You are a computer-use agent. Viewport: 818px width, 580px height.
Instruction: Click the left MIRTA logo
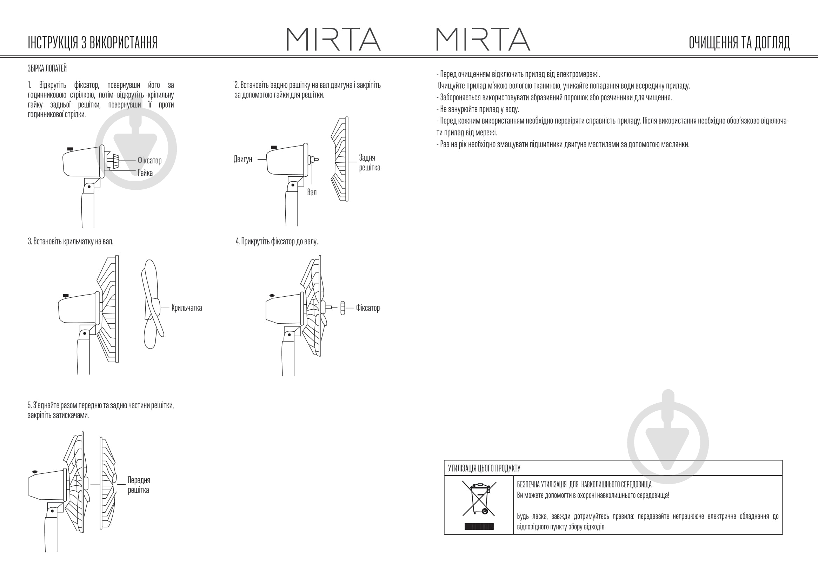click(333, 39)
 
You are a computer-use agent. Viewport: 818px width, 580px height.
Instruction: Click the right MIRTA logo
click(483, 39)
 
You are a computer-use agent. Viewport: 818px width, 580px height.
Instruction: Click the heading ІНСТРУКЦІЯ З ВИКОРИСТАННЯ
click(93, 42)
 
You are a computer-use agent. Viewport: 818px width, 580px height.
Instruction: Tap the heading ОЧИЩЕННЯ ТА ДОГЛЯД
click(739, 42)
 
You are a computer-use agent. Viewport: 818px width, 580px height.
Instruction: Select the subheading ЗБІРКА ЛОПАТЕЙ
click(47, 69)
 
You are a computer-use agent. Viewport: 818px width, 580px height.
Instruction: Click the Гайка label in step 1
click(145, 173)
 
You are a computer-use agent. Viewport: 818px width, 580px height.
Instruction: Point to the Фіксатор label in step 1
click(149, 160)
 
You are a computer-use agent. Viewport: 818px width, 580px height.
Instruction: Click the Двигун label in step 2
click(242, 159)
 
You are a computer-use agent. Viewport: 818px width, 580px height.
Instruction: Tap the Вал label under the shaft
click(312, 193)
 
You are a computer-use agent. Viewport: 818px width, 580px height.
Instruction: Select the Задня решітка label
click(369, 162)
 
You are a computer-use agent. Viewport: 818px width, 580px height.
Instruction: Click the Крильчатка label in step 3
click(187, 308)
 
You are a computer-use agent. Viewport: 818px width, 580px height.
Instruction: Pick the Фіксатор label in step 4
click(368, 308)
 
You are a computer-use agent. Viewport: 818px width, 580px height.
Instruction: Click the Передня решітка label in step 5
click(139, 485)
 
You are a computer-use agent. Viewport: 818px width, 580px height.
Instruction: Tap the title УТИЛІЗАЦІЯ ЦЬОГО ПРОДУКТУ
click(484, 468)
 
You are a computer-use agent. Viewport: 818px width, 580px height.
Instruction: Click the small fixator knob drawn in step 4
click(343, 308)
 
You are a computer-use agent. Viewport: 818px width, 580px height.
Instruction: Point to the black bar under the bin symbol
click(479, 526)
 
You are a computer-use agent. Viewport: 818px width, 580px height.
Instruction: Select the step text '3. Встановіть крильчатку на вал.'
click(71, 241)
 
